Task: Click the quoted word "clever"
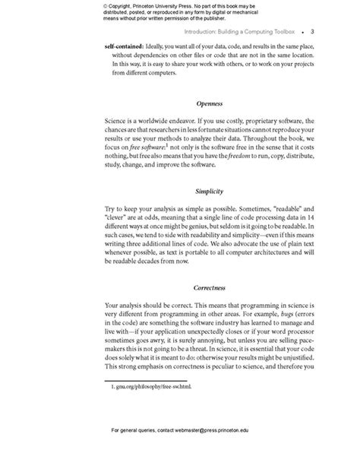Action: pyautogui.click(x=120, y=217)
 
